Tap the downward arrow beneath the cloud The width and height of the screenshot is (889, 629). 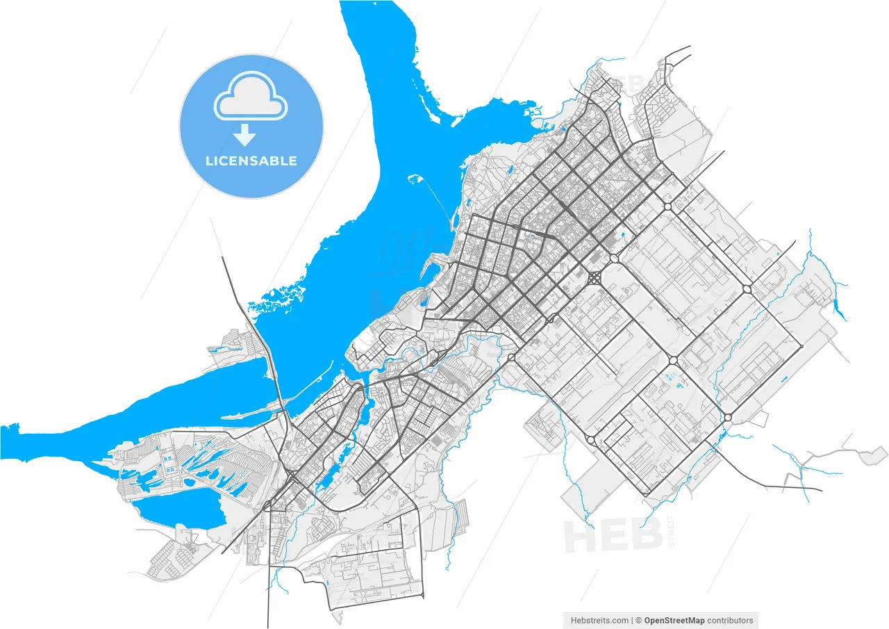tap(244, 135)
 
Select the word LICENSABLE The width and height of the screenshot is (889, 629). tap(251, 161)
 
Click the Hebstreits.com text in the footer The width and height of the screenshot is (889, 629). tap(599, 620)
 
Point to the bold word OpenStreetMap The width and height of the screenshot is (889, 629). tap(674, 620)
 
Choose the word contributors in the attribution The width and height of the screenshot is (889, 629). tap(730, 620)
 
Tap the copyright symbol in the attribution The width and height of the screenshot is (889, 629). tap(638, 620)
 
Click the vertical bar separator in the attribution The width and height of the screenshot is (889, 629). tap(631, 620)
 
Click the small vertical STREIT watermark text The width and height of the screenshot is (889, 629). tap(670, 531)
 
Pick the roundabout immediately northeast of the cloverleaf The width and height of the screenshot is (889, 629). tap(613, 259)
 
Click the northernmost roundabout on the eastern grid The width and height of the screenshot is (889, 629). tap(667, 206)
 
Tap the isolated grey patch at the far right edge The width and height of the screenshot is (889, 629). tap(867, 457)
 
